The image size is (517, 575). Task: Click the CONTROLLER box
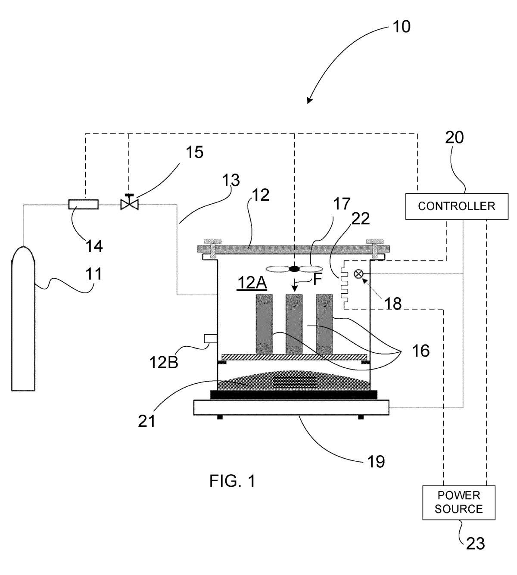[x=457, y=206]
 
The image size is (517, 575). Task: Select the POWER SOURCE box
[x=459, y=503]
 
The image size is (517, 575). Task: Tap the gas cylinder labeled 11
[x=23, y=319]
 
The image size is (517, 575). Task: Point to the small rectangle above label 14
[x=83, y=205]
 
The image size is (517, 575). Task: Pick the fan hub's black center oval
[x=294, y=269]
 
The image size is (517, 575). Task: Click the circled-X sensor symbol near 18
[x=358, y=274]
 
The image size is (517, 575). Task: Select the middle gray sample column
[x=294, y=324]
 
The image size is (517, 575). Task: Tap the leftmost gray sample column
[x=264, y=324]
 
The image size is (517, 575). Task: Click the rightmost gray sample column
[x=324, y=324]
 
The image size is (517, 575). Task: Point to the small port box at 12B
[x=210, y=339]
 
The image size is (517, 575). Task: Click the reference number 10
[x=402, y=27]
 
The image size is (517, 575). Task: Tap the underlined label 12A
[x=252, y=283]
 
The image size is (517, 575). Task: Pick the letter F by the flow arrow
[x=318, y=279]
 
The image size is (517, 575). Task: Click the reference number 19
[x=376, y=461]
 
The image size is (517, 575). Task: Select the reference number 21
[x=146, y=421]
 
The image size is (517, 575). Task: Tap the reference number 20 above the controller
[x=455, y=137]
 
